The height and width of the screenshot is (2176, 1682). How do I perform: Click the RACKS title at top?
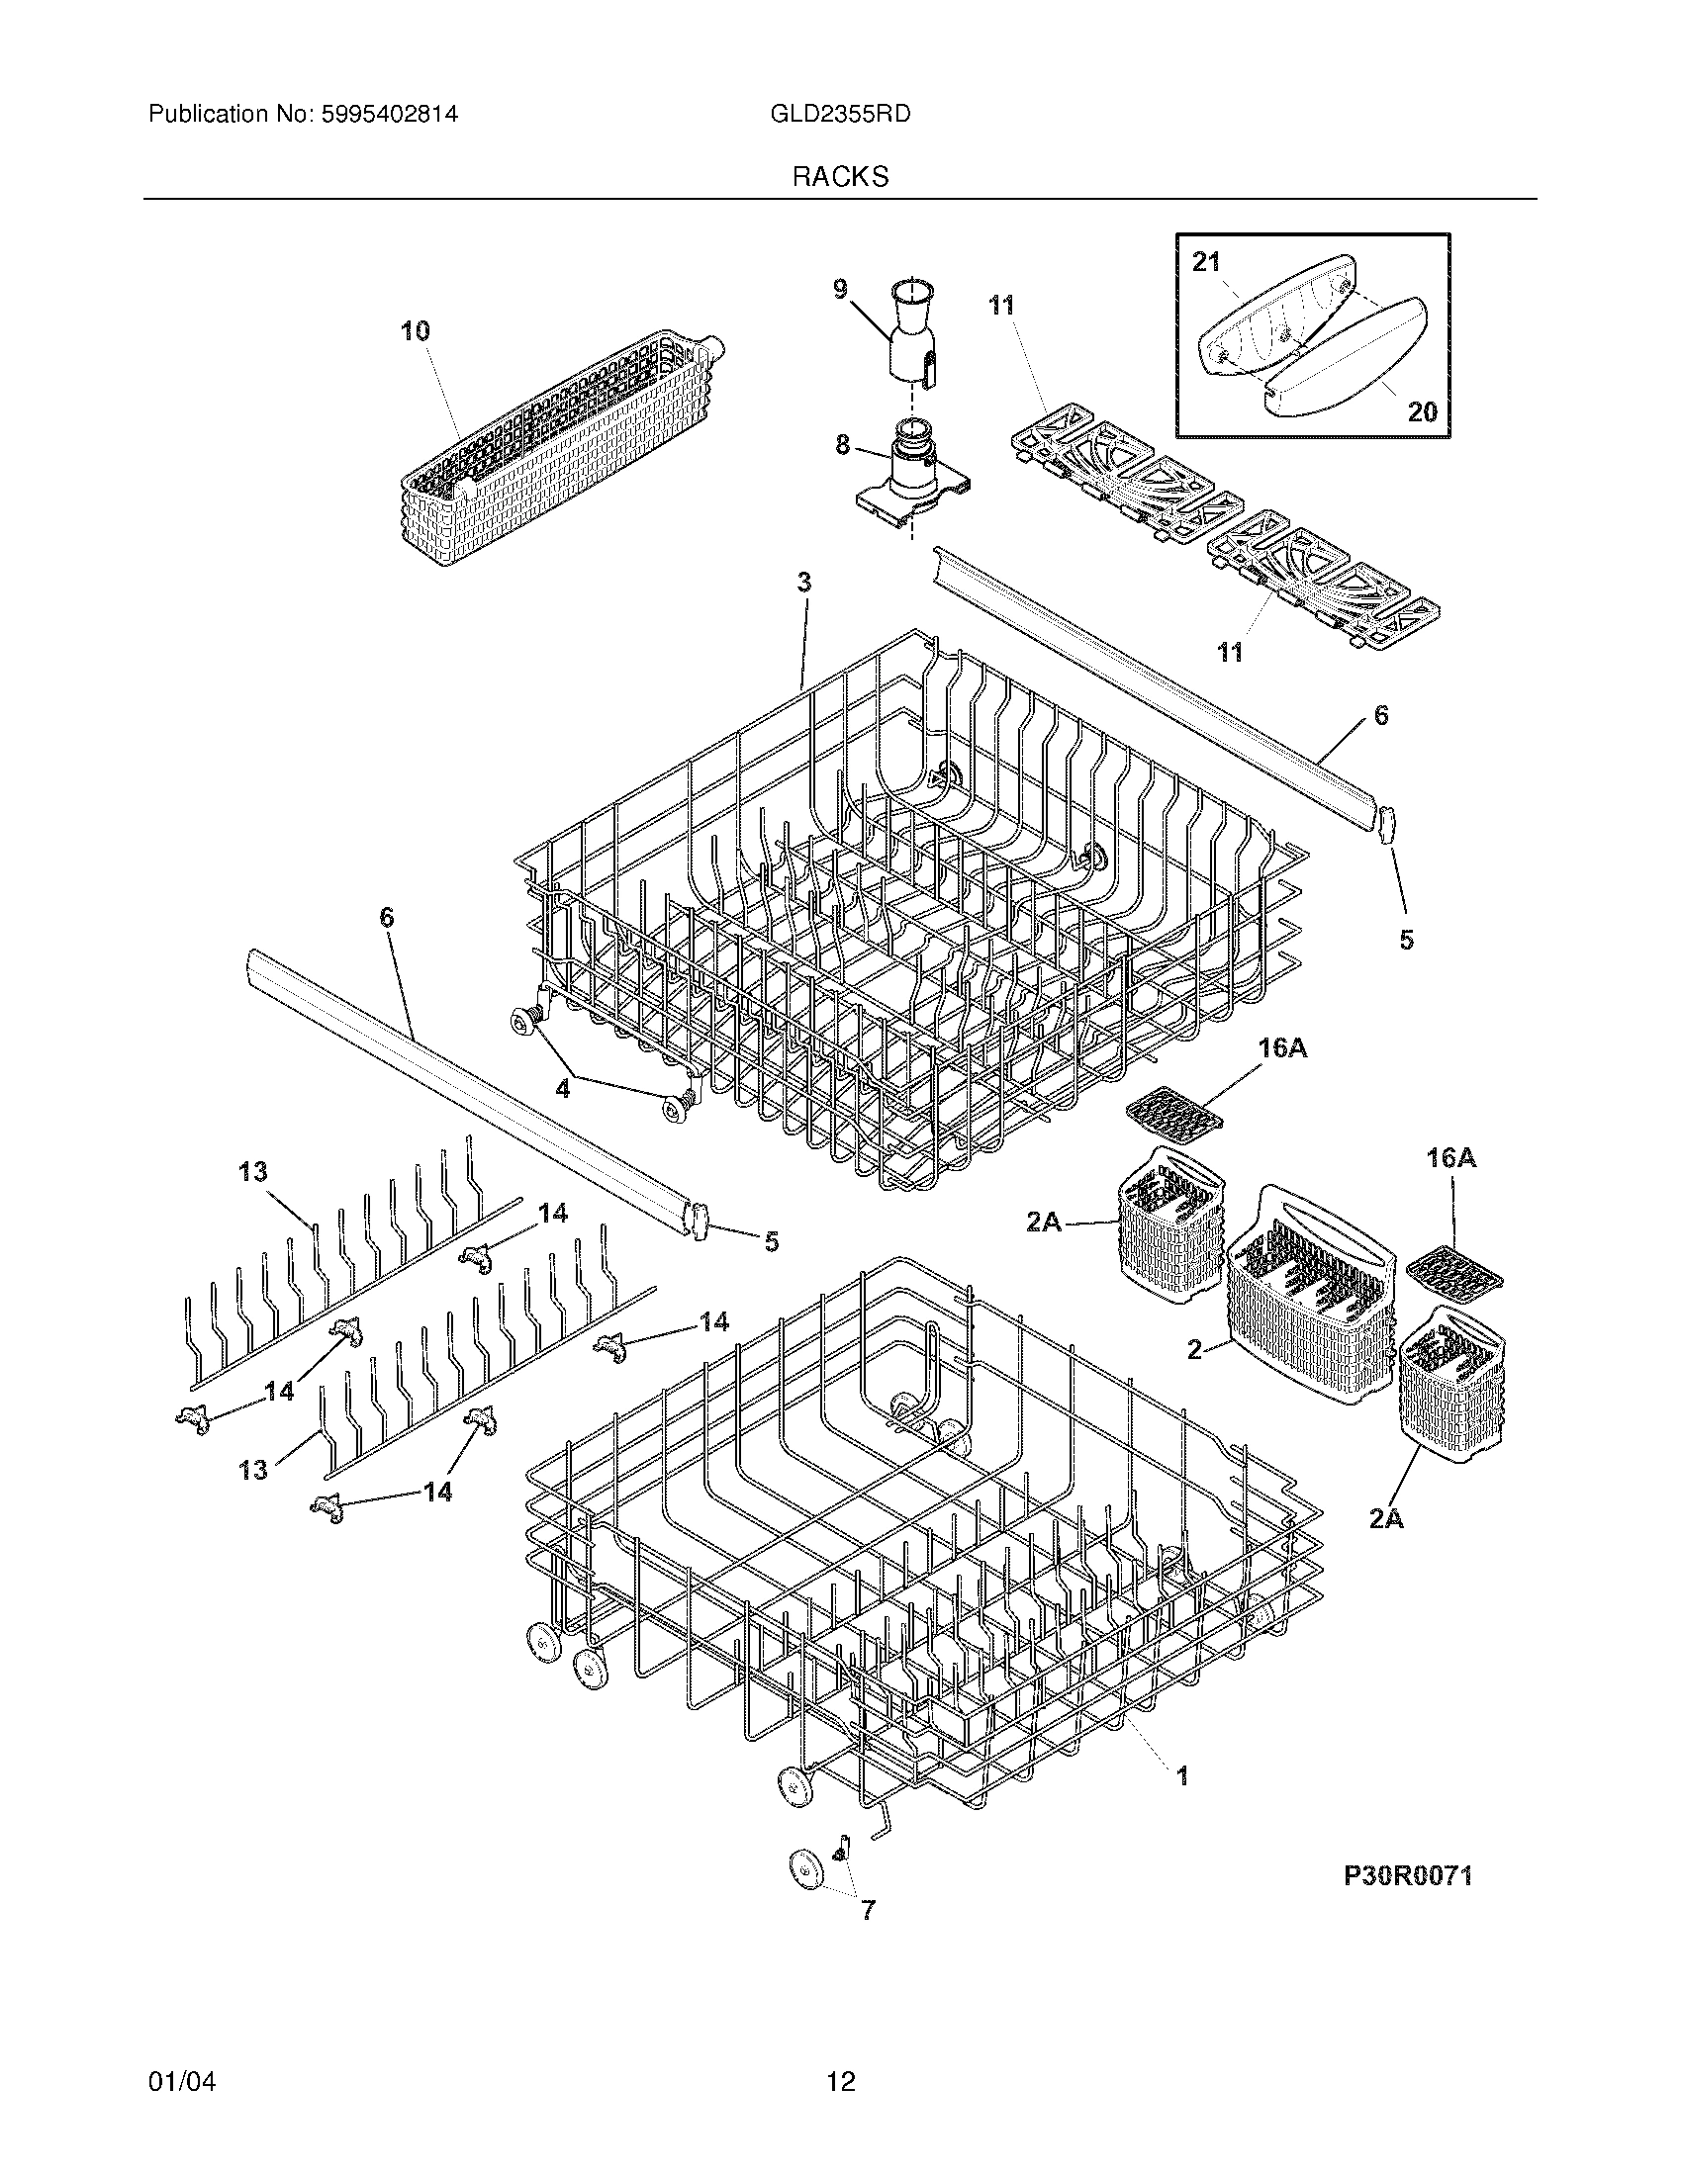(x=840, y=177)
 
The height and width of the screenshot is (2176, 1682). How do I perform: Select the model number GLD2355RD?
(x=840, y=115)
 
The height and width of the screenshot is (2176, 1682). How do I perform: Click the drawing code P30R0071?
(x=1407, y=1876)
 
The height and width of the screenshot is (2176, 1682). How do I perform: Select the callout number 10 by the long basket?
(x=416, y=330)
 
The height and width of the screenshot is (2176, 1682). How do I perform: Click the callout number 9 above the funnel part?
(x=840, y=290)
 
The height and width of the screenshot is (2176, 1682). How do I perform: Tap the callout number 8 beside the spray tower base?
(x=842, y=445)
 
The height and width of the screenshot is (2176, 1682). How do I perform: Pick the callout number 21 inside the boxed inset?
(x=1206, y=262)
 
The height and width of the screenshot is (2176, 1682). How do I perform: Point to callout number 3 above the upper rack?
(x=804, y=582)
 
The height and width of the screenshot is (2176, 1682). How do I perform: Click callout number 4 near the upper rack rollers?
(x=563, y=1089)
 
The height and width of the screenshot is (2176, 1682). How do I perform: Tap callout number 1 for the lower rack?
(x=1182, y=1775)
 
